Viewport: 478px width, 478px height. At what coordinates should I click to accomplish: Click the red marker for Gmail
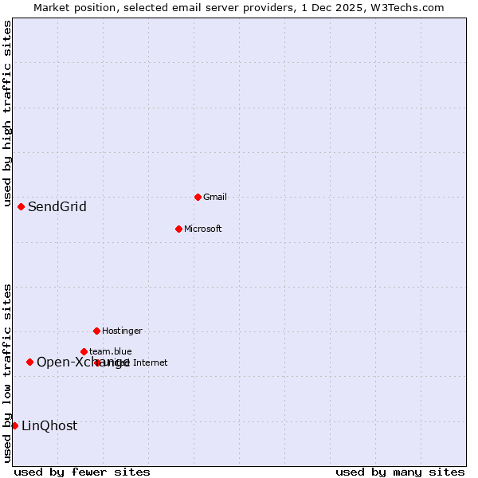pos(198,197)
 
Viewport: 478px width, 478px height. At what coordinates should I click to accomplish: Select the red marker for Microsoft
pos(178,229)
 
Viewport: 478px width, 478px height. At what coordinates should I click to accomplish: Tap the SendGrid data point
pos(21,206)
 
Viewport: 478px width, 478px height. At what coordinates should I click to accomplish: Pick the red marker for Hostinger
pos(96,331)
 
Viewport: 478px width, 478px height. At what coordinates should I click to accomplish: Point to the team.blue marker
pos(84,351)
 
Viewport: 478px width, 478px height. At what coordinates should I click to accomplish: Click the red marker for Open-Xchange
pos(29,362)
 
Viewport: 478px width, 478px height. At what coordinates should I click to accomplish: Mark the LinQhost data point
pos(14,425)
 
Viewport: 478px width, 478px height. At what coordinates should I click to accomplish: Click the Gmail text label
pos(215,197)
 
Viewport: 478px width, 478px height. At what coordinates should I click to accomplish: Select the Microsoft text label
pos(202,229)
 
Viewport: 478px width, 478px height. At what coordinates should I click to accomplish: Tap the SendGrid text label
pos(57,207)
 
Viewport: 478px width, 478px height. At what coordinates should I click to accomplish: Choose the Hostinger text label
pos(122,331)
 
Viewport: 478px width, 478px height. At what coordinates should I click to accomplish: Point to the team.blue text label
pos(110,351)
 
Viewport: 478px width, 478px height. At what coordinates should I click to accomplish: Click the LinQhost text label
pos(49,426)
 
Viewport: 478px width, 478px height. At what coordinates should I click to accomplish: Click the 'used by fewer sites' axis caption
pos(82,472)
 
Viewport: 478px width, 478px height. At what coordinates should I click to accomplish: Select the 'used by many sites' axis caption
pos(400,472)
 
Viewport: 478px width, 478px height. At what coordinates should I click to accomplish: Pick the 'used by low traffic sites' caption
pos(7,372)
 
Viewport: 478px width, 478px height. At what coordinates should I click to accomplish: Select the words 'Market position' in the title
pos(70,8)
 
